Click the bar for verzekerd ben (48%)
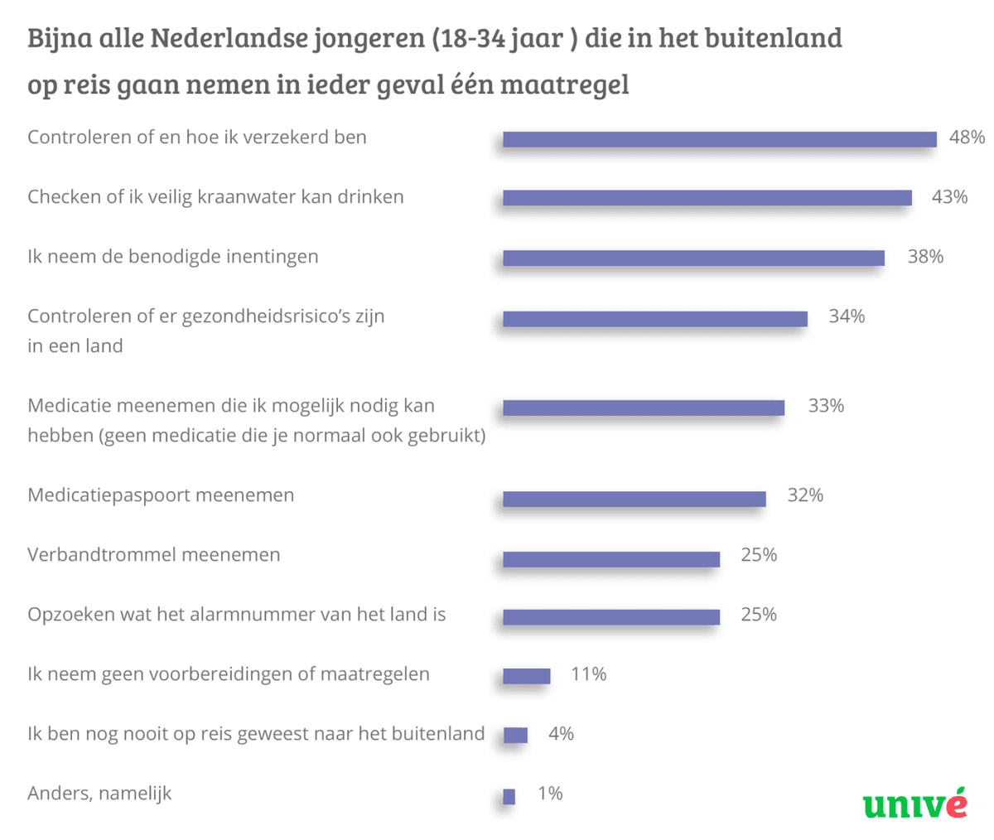click(x=719, y=139)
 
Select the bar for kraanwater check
click(x=707, y=198)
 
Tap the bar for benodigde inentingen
click(x=693, y=258)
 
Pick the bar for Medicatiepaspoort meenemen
click(x=634, y=499)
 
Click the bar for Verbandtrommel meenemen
click(x=610, y=559)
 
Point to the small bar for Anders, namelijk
click(x=509, y=796)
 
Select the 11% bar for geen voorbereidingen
click(x=526, y=676)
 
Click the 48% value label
click(x=967, y=138)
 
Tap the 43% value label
click(x=949, y=197)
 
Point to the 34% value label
click(x=847, y=316)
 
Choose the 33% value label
click(x=826, y=406)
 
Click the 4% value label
click(x=561, y=734)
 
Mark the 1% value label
click(x=550, y=794)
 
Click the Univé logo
click(x=914, y=804)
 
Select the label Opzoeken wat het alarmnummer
click(x=236, y=615)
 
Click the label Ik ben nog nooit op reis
click(x=255, y=734)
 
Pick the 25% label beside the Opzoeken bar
click(x=759, y=615)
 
